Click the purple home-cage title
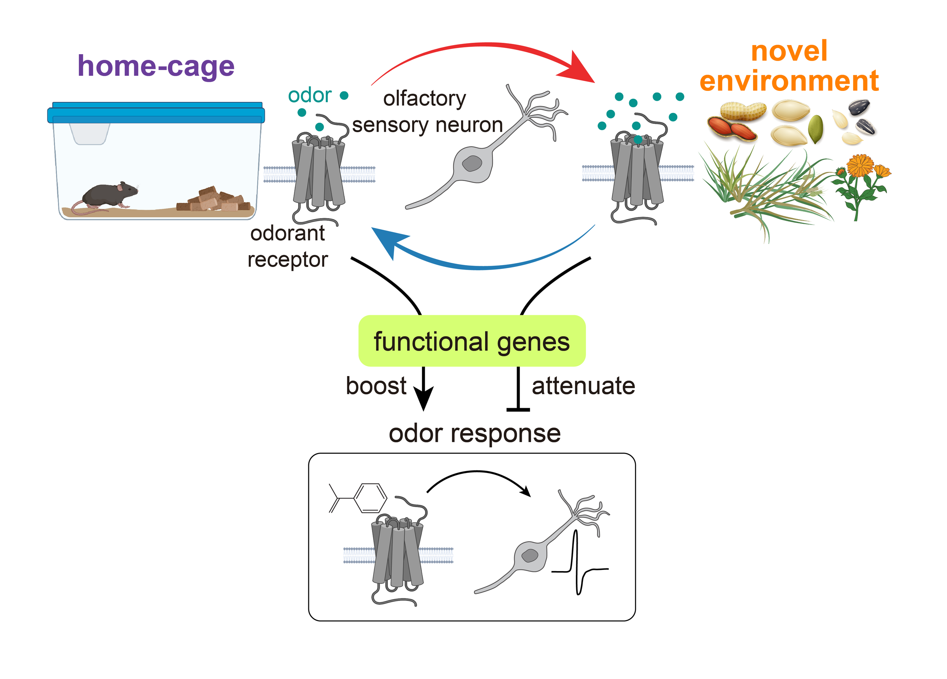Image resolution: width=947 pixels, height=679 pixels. pos(156,67)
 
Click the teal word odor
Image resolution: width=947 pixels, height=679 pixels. pos(309,95)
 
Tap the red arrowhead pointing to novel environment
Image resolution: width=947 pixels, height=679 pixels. pos(578,68)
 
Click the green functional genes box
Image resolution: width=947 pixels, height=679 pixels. pos(472,341)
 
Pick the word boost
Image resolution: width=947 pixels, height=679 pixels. pos(376,386)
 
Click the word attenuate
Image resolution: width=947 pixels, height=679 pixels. pos(583,386)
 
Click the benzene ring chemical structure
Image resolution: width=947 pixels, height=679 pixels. pos(370,498)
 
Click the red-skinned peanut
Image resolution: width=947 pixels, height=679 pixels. pos(731,128)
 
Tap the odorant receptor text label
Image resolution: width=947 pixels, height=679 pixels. pos(287,246)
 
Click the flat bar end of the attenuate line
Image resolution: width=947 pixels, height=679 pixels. pos(518,410)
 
